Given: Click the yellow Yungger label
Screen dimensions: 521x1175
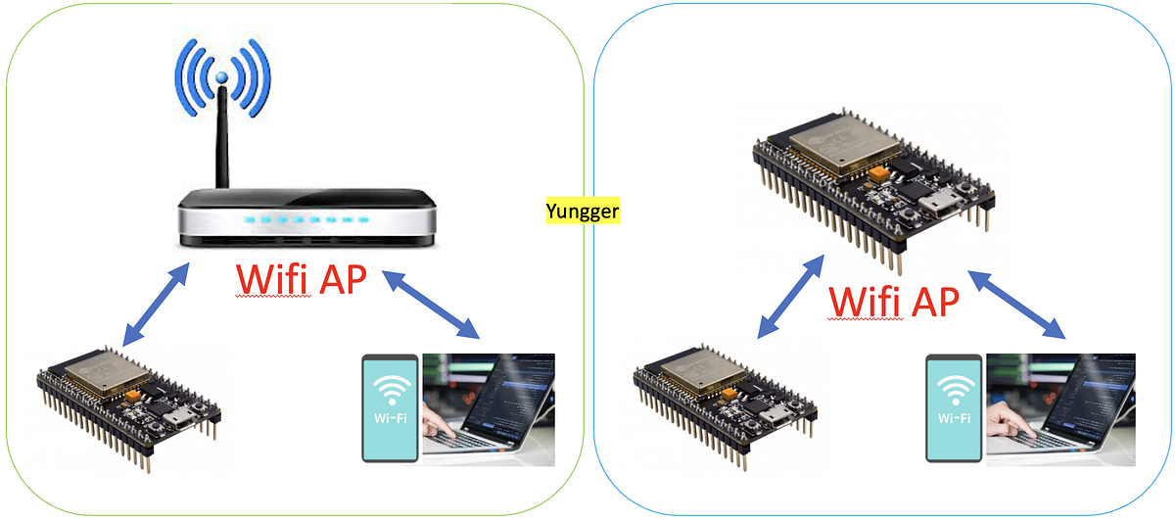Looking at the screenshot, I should [583, 210].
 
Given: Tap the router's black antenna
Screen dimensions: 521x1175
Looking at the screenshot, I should [223, 137].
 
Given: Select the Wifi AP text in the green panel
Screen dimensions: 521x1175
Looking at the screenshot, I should [302, 280].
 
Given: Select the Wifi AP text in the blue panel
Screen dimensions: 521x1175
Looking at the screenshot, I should [893, 302].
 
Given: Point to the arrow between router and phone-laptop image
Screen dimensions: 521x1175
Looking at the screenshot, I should [432, 305].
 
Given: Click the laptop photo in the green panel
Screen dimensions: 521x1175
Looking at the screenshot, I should [489, 405].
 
